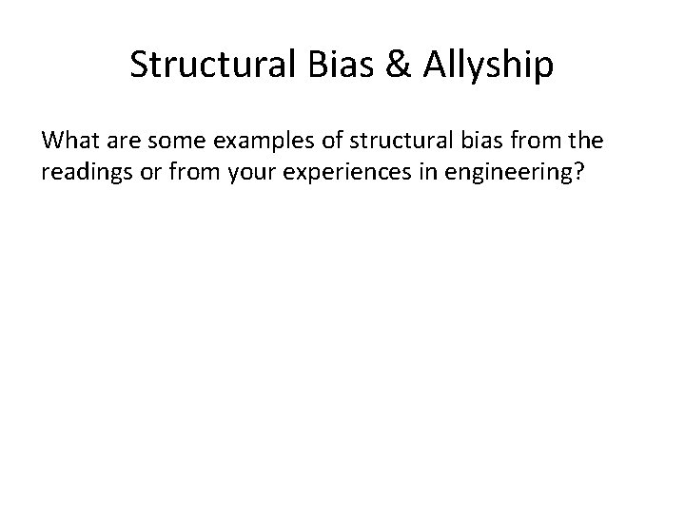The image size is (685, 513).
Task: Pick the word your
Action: point(226,174)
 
